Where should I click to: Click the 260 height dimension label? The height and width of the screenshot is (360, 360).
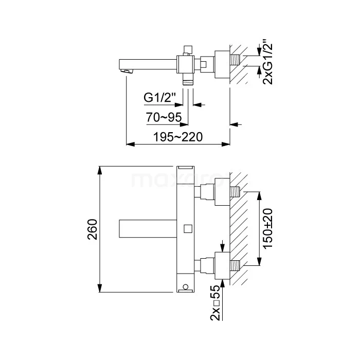point(93,229)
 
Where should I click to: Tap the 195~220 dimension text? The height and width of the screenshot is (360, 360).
point(178,137)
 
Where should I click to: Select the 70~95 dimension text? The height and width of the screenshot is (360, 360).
point(164,117)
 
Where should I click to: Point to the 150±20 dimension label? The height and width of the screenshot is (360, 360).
point(268,228)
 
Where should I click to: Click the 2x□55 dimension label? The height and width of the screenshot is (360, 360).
point(215,302)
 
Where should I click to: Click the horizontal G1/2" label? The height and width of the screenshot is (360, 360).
point(159,97)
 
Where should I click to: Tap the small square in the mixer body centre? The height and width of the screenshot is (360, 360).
point(188,229)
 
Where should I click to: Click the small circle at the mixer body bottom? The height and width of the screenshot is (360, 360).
point(186,286)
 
